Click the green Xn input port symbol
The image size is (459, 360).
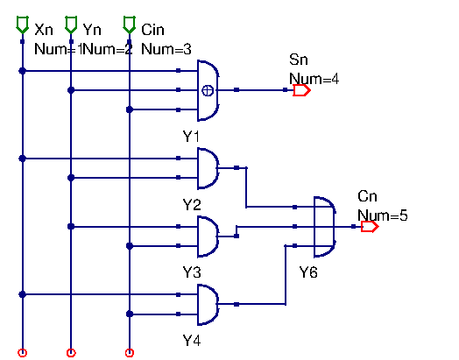pyautogui.click(x=23, y=29)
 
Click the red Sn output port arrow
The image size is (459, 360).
pyautogui.click(x=301, y=90)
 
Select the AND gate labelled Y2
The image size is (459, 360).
pyautogui.click(x=209, y=168)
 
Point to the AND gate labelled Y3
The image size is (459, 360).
pyautogui.click(x=209, y=236)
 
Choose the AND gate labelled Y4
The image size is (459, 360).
pyautogui.click(x=209, y=304)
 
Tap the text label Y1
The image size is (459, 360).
pyautogui.click(x=191, y=137)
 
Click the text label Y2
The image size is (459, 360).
pyautogui.click(x=192, y=204)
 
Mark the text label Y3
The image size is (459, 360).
pyautogui.click(x=192, y=272)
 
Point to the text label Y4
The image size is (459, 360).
pyautogui.click(x=192, y=340)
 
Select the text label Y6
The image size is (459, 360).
pyautogui.click(x=308, y=272)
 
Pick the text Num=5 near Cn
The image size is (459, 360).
pyautogui.click(x=382, y=214)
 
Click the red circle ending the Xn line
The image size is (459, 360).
pyautogui.click(x=23, y=353)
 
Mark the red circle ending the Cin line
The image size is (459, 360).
pyautogui.click(x=130, y=353)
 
